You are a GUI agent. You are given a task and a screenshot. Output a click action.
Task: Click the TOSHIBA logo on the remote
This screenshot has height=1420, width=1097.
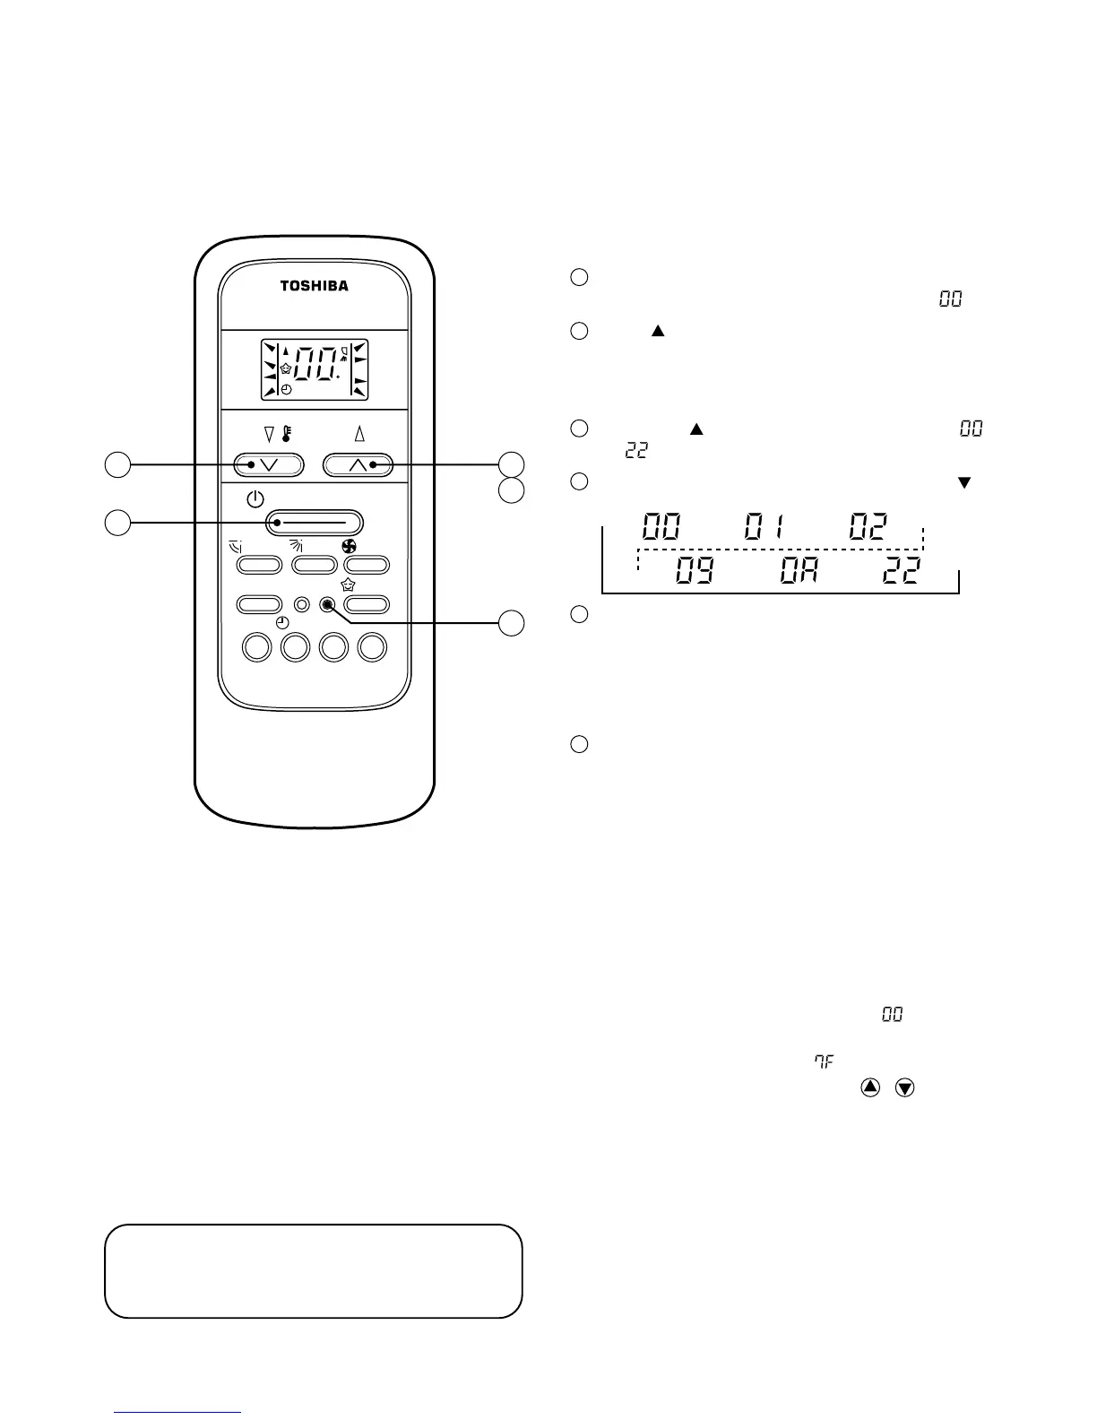[314, 286]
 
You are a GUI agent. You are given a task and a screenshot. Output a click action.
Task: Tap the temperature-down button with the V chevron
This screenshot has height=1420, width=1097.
[269, 464]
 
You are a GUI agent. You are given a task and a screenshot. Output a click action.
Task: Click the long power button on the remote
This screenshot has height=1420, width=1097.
[314, 523]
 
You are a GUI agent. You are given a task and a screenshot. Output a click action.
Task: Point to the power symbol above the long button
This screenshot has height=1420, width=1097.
[255, 498]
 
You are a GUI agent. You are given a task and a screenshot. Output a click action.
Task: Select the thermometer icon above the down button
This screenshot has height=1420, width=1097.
[287, 435]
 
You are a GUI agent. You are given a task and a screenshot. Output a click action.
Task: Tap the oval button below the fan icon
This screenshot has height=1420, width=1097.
[367, 565]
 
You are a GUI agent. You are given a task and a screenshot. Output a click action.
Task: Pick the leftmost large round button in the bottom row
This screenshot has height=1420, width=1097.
[257, 646]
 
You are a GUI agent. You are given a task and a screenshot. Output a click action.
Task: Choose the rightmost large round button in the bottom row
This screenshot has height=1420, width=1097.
[372, 646]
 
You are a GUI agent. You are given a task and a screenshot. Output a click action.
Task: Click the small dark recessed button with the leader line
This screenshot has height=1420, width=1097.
[329, 604]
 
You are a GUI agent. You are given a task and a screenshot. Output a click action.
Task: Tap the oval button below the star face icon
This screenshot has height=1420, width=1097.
[367, 604]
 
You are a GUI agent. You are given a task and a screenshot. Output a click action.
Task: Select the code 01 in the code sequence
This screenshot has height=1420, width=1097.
[764, 526]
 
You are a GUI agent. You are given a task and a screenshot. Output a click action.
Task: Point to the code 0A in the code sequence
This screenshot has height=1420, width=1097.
[798, 571]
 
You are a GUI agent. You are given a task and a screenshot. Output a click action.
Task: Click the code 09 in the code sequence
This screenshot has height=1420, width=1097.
[694, 571]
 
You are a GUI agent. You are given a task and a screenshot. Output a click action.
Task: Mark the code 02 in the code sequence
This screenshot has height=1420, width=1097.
[868, 526]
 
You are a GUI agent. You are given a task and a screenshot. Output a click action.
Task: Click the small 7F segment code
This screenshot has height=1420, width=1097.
[824, 1061]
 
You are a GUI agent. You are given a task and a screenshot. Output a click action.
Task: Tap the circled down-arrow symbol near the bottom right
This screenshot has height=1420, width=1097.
[905, 1087]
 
